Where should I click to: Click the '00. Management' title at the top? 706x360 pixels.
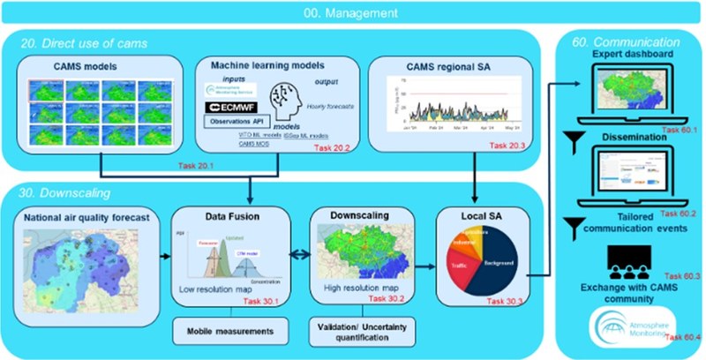353,13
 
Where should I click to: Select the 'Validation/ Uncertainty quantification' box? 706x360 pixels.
355,333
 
